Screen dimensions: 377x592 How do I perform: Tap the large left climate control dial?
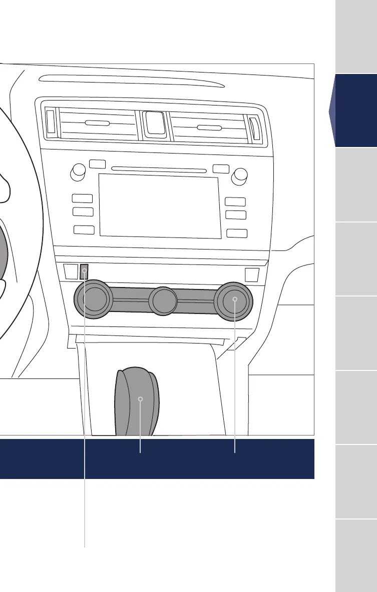coord(94,300)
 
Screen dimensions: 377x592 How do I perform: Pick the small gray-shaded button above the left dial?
coord(85,271)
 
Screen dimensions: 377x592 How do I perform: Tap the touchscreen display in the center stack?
coord(160,205)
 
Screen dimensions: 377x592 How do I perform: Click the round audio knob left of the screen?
coord(78,172)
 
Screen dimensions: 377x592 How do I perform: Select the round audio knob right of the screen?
coord(239,175)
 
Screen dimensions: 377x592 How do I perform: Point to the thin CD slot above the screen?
coord(159,169)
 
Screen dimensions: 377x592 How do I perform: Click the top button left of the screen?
coord(82,198)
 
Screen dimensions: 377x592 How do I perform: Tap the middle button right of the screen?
coord(236,215)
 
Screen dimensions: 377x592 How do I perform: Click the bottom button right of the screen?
coord(237,232)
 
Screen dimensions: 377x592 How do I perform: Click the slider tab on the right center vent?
coord(209,128)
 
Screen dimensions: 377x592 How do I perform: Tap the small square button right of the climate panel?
coord(252,275)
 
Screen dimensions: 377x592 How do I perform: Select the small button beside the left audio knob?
coord(97,163)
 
